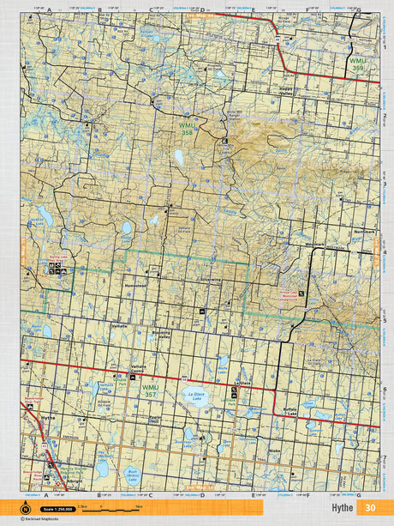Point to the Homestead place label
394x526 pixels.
(x=135, y=286)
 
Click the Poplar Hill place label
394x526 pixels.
(x=156, y=420)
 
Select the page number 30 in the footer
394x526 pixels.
(x=369, y=507)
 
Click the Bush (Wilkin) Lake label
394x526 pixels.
(x=133, y=474)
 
